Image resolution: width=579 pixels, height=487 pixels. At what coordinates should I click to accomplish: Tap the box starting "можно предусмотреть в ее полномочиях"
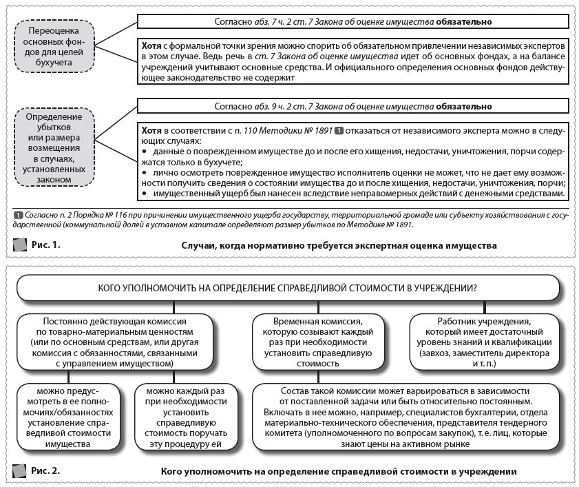point(66,419)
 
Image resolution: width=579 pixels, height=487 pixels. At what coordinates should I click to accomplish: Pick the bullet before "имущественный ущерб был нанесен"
point(145,195)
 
